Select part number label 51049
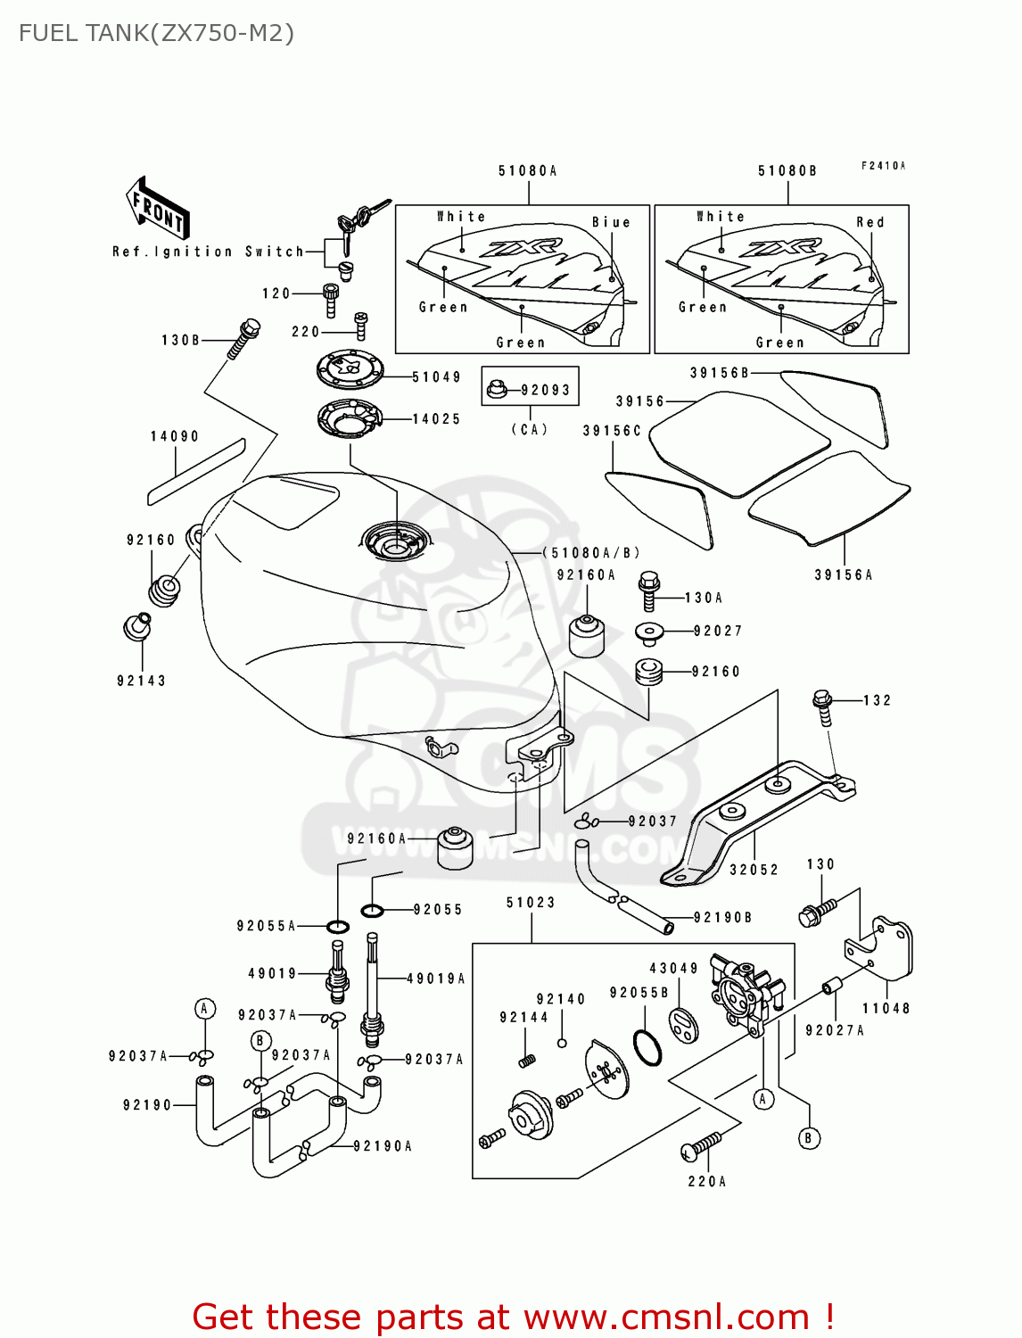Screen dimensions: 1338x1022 [x=436, y=377]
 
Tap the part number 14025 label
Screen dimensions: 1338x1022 [x=436, y=418]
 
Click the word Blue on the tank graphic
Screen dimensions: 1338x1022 [x=611, y=222]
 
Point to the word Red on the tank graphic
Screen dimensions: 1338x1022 [x=870, y=222]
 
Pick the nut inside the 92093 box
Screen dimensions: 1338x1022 [x=498, y=389]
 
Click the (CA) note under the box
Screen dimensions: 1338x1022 [x=530, y=429]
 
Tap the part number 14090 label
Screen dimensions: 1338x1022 [x=175, y=436]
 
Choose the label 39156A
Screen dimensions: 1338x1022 [x=844, y=574]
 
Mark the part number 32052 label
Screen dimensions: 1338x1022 [x=754, y=869]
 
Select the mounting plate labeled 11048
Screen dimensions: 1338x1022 [x=883, y=949]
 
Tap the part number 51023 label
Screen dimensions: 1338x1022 [x=531, y=903]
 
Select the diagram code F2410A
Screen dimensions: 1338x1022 [x=883, y=166]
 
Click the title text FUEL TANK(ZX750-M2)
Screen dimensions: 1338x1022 [x=156, y=33]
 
